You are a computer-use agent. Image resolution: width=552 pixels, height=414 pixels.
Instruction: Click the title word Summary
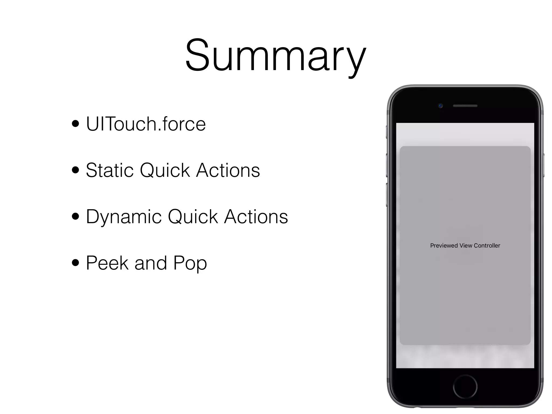(275, 55)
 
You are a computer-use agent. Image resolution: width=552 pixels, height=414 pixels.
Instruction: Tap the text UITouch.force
(146, 124)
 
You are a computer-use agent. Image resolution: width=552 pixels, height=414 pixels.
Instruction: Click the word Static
(109, 170)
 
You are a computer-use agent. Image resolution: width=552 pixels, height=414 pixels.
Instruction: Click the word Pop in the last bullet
(190, 263)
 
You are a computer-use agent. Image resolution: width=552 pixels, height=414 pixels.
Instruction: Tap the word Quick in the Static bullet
(165, 170)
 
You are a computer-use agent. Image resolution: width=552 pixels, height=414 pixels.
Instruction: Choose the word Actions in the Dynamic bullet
(256, 216)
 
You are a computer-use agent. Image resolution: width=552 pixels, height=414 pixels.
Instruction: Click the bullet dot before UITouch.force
(76, 124)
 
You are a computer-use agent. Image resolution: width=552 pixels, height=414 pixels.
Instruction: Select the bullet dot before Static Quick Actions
(76, 170)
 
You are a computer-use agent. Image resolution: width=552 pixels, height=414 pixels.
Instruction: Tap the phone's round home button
(465, 387)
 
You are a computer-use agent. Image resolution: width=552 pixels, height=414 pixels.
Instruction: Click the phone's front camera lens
(440, 106)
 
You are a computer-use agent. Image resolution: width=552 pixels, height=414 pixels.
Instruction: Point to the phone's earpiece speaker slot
(465, 106)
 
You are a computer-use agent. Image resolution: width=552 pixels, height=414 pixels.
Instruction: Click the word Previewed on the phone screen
(444, 246)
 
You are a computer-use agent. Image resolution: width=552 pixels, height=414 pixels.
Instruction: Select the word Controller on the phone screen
(487, 246)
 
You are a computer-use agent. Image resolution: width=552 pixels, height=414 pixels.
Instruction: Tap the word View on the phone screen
(466, 246)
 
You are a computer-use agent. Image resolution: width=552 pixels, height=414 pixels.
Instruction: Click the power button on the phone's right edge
(543, 165)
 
